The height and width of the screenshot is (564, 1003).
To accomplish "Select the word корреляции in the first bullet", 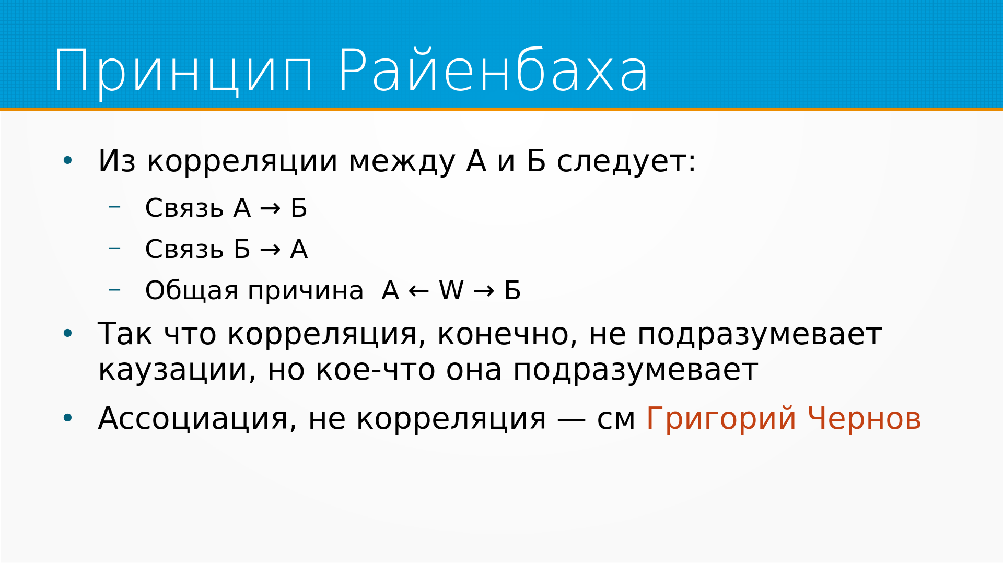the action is coord(242,161).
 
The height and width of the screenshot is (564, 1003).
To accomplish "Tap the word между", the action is coord(402,161).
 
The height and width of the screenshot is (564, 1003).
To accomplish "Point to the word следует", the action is coord(622,161).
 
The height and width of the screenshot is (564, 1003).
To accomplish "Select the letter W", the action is coord(451,290).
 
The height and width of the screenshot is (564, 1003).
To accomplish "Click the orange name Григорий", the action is coord(721,419).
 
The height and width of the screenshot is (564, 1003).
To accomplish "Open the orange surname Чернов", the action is coord(865,418).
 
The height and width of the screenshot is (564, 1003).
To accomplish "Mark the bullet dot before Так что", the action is coord(67,333).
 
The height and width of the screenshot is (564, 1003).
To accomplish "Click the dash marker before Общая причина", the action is coord(114,289).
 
